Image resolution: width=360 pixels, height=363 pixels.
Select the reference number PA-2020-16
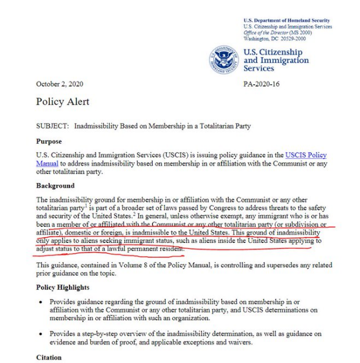tap(262, 85)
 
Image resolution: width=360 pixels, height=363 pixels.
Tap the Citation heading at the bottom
tap(49, 358)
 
